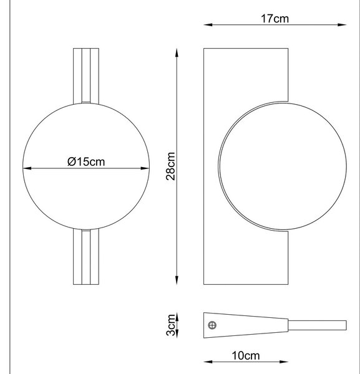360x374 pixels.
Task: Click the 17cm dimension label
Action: pos(275,19)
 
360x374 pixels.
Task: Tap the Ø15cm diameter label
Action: pos(86,161)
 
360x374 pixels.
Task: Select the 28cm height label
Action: pos(170,166)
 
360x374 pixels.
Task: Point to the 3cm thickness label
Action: pos(170,325)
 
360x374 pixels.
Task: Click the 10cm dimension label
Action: pos(246,356)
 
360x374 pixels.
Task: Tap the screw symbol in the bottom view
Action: pos(212,325)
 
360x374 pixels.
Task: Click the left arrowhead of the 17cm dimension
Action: pos(208,24)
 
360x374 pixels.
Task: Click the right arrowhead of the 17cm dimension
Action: pos(342,24)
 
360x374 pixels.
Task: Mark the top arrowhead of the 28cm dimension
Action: pos(177,53)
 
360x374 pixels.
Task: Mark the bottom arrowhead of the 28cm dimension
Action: pos(177,280)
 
